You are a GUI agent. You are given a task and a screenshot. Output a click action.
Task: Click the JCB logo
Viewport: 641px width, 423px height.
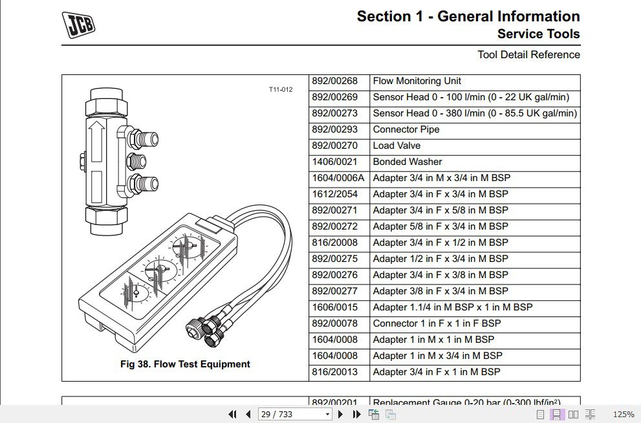coord(79,25)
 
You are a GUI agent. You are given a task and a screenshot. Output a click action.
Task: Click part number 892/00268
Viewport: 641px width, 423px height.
coord(334,81)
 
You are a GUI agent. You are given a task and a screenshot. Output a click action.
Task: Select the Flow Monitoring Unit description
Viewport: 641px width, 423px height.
coord(417,81)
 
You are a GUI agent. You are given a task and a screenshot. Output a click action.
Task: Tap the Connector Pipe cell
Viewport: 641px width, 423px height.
coord(406,129)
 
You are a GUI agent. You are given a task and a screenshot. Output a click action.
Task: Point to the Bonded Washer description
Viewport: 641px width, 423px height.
coord(407,162)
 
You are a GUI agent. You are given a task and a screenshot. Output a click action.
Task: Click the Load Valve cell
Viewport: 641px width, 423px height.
coord(397,146)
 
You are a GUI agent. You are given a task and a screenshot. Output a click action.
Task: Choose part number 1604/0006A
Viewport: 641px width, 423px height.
coord(338,178)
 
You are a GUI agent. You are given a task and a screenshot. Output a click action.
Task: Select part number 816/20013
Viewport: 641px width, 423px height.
coord(334,372)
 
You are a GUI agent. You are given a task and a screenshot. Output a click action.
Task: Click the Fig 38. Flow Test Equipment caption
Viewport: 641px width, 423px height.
coord(185,364)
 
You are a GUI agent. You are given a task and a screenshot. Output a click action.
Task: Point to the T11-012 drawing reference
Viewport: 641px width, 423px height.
coord(281,89)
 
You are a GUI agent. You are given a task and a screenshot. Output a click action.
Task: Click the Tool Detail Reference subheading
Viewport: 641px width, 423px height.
coord(528,55)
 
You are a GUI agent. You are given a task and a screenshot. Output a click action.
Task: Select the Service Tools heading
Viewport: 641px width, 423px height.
coord(538,34)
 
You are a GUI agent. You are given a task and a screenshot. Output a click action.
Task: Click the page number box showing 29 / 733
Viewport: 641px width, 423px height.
coord(295,414)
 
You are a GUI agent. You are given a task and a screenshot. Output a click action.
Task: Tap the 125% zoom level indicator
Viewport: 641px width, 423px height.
coord(623,414)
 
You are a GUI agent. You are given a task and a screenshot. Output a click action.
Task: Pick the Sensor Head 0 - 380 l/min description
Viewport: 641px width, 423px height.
coord(475,113)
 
